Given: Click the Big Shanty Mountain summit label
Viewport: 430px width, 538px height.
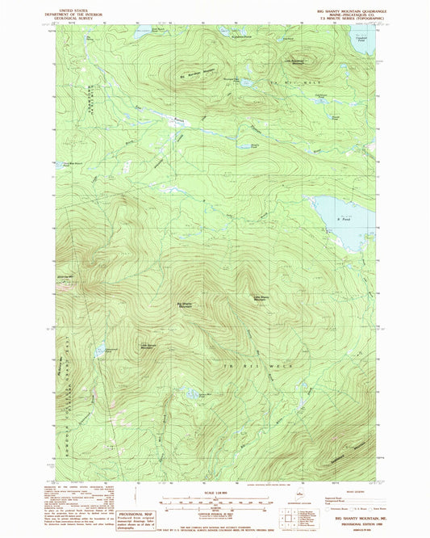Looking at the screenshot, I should [x=185, y=305].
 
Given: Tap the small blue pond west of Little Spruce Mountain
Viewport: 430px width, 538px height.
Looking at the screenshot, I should [x=105, y=351].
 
